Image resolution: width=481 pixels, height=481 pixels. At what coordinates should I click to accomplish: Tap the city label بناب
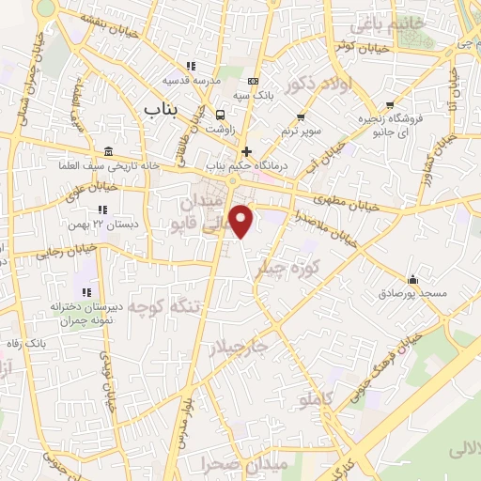(162, 110)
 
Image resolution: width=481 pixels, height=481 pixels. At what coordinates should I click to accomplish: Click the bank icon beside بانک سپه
(252, 82)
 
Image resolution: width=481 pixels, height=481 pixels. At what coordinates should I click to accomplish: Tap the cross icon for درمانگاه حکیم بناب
(246, 151)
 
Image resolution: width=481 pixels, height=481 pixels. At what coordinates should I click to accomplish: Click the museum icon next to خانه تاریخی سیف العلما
(110, 152)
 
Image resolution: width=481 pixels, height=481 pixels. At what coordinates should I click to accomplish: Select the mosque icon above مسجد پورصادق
(413, 279)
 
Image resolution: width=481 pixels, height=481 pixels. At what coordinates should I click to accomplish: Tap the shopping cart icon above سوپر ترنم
(301, 117)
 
